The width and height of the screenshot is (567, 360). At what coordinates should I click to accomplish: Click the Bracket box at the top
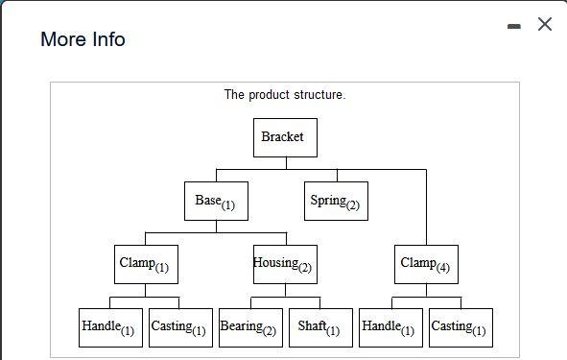point(285,137)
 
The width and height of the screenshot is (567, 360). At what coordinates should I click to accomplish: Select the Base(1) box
point(216,201)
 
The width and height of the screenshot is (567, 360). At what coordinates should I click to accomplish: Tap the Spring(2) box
point(336,201)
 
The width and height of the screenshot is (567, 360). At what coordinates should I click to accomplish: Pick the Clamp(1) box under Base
point(146,264)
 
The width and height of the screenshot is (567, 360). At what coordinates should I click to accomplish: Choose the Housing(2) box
point(285,264)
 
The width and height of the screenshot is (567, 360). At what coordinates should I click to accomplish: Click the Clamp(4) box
point(426,264)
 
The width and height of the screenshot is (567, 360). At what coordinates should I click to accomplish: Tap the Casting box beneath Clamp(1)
point(180,327)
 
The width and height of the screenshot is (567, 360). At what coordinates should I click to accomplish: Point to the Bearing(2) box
point(250,327)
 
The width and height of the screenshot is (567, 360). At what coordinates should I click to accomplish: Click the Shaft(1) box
point(320,327)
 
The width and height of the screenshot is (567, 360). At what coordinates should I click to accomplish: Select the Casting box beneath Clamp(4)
point(461,327)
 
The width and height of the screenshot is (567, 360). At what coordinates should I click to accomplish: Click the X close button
point(545,25)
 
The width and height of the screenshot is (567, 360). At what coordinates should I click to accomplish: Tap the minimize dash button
point(515,27)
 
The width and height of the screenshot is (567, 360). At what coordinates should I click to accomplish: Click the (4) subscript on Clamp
point(442,268)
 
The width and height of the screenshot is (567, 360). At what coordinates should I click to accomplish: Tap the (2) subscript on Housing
point(305,268)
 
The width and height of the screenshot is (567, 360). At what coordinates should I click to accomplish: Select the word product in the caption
point(270,95)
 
